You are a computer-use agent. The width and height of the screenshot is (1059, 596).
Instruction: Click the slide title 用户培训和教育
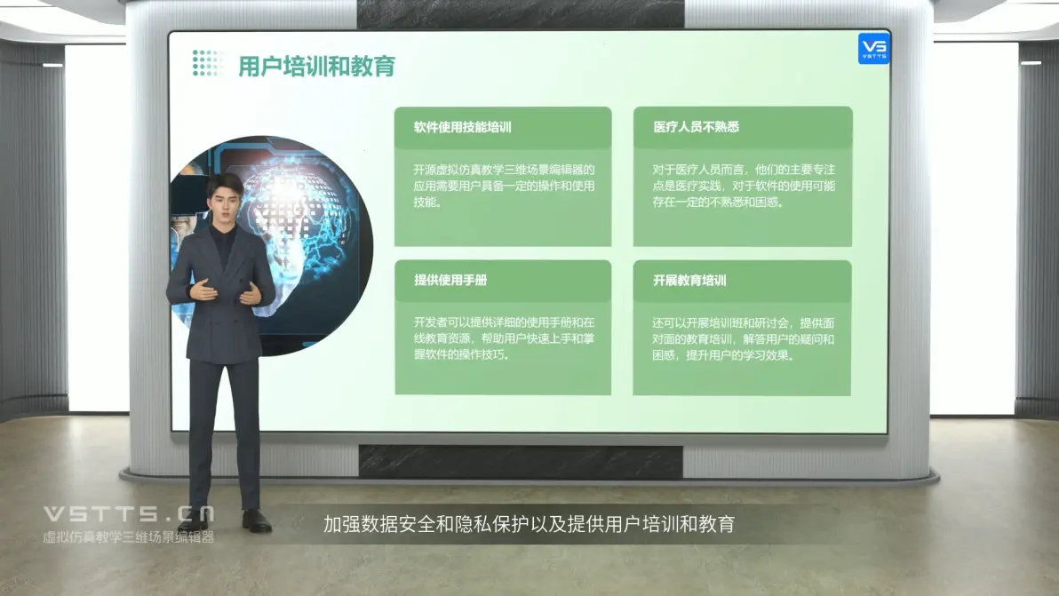click(x=316, y=66)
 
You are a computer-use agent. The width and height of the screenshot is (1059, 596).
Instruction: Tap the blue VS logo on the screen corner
click(x=874, y=49)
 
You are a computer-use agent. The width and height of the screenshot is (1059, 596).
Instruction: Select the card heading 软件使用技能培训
click(x=463, y=127)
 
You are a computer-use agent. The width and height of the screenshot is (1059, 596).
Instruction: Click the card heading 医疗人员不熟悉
click(x=696, y=127)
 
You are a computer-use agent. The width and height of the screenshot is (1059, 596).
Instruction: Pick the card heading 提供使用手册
click(x=450, y=280)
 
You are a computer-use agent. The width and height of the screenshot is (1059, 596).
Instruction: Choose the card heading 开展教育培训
click(x=689, y=280)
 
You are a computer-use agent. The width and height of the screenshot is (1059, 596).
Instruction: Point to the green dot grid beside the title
click(x=207, y=63)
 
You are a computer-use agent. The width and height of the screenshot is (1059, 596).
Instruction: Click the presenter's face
click(x=224, y=201)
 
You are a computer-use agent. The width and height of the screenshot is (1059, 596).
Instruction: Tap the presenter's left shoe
click(x=257, y=521)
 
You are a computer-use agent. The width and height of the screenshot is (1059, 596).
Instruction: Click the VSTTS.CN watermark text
click(x=129, y=514)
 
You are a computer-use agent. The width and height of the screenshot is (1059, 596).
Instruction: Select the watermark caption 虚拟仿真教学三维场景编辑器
click(x=128, y=537)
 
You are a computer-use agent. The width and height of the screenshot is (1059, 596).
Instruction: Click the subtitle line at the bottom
click(x=529, y=524)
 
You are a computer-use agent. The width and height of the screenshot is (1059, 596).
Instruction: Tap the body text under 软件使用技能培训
click(x=504, y=186)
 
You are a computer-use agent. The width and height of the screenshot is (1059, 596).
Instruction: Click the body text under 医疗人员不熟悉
click(x=744, y=186)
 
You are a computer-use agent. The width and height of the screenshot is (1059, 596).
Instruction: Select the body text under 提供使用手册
click(x=504, y=338)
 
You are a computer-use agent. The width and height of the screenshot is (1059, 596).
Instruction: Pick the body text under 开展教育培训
click(x=743, y=338)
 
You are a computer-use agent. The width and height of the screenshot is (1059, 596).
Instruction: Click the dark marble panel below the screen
click(x=520, y=462)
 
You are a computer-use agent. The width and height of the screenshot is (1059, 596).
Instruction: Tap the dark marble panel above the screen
click(x=520, y=14)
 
